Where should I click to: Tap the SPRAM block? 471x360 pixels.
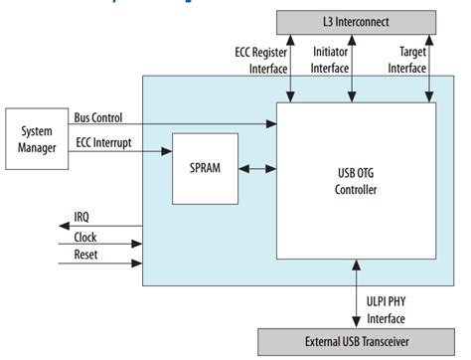(205, 168)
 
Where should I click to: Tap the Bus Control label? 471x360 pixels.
(97, 117)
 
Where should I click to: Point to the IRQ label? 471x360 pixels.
(83, 216)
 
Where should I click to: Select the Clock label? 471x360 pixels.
(86, 238)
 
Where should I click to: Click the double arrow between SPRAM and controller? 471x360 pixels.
(256, 169)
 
